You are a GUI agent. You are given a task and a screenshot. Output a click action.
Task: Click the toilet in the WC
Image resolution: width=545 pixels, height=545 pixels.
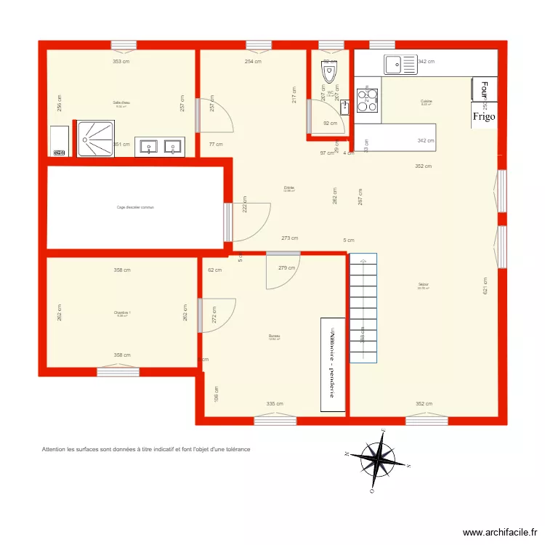(330, 71)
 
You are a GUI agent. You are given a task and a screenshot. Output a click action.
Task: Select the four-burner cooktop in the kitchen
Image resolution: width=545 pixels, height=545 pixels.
(367, 100)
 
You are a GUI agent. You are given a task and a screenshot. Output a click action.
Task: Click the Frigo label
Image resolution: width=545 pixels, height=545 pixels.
(484, 116)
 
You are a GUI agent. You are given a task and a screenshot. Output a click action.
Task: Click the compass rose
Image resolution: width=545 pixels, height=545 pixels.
(378, 459)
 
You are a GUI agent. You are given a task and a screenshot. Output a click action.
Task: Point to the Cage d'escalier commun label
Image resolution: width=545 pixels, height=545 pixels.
(135, 207)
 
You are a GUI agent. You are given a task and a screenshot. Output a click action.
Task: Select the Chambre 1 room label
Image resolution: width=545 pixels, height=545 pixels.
(121, 313)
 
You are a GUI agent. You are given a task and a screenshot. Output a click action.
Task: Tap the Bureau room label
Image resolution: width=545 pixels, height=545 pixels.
(274, 336)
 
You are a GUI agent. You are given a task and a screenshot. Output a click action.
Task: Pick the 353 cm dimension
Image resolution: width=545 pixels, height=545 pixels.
(121, 62)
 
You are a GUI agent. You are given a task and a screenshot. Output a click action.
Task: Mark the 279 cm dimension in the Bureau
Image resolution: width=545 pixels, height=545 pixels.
(287, 267)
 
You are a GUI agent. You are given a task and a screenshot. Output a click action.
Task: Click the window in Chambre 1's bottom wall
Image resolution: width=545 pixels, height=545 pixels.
(118, 372)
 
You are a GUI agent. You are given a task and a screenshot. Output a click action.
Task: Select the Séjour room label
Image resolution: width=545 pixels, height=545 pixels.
(423, 284)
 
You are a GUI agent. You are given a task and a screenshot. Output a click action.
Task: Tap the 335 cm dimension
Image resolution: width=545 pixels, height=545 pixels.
(275, 404)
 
